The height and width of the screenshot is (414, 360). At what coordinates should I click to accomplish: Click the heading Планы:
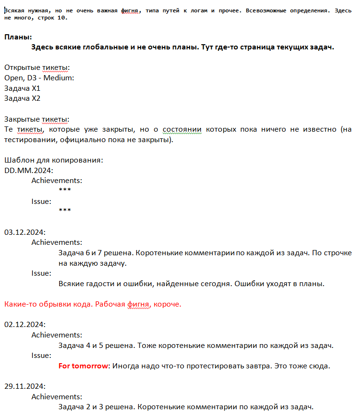click(18, 37)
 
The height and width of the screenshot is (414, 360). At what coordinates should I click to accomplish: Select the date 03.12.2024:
click(25, 232)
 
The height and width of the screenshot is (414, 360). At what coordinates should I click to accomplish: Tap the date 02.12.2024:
click(25, 325)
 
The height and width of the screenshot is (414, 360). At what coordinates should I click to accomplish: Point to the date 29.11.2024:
click(25, 386)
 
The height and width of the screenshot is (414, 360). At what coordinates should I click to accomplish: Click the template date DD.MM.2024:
click(29, 171)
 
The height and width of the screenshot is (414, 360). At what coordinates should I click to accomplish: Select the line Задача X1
click(22, 88)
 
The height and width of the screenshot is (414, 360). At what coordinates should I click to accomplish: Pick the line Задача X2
click(22, 99)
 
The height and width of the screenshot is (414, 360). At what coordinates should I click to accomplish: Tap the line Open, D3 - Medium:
click(39, 78)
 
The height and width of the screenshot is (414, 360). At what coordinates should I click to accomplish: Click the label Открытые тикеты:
click(37, 67)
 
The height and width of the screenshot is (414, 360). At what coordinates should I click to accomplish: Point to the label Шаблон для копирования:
click(53, 160)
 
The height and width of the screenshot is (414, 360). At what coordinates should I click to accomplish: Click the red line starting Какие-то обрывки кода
click(93, 304)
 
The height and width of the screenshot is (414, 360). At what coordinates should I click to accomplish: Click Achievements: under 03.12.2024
click(57, 242)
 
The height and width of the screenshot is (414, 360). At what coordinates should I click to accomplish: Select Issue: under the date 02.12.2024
click(41, 356)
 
